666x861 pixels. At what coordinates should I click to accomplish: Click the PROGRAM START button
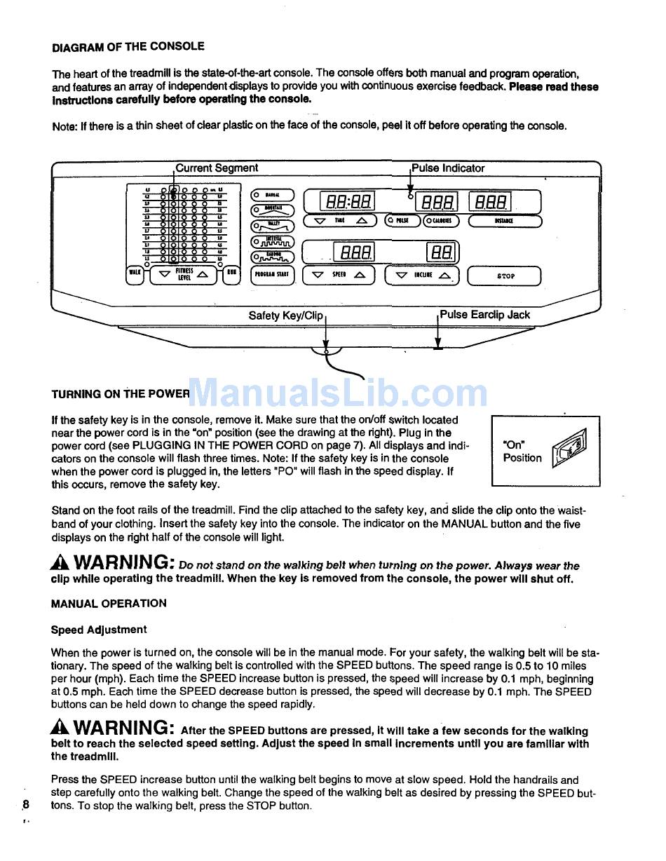272,276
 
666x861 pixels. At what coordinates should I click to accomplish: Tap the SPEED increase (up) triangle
360,276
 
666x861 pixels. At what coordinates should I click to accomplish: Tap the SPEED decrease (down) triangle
318,276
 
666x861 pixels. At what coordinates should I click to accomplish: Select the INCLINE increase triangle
444,276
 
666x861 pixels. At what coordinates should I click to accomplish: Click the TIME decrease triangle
320,221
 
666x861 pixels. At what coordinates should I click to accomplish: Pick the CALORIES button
441,221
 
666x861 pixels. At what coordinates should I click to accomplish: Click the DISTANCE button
504,222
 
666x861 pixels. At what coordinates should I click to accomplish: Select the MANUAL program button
272,195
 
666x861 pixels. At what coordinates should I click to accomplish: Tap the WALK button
134,274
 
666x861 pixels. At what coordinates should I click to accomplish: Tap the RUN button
231,274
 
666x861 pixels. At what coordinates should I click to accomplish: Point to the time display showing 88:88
347,203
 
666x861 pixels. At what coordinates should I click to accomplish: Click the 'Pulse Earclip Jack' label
484,315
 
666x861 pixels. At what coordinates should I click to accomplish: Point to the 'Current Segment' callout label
217,168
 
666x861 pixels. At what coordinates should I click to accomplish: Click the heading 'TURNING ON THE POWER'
120,394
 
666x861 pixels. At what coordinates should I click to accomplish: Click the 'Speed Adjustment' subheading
99,630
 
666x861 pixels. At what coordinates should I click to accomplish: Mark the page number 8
26,804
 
